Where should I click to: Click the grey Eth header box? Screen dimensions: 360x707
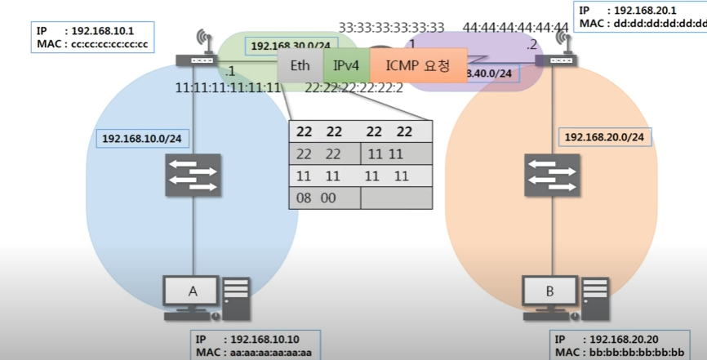[300, 64]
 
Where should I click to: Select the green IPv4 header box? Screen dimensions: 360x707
[346, 64]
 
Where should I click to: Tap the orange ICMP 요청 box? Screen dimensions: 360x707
[418, 64]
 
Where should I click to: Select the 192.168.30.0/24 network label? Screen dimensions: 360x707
[290, 47]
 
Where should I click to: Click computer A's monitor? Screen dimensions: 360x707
[193, 291]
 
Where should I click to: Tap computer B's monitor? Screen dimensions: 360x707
[549, 291]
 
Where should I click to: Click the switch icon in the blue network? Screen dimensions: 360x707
[193, 172]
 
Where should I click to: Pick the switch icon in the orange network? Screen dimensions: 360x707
[549, 172]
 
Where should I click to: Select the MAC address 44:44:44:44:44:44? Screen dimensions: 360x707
[515, 29]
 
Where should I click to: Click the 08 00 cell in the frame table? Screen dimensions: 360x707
[325, 198]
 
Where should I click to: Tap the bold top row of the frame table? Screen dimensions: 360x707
[360, 131]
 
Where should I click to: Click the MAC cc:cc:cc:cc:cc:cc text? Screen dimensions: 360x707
[108, 44]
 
